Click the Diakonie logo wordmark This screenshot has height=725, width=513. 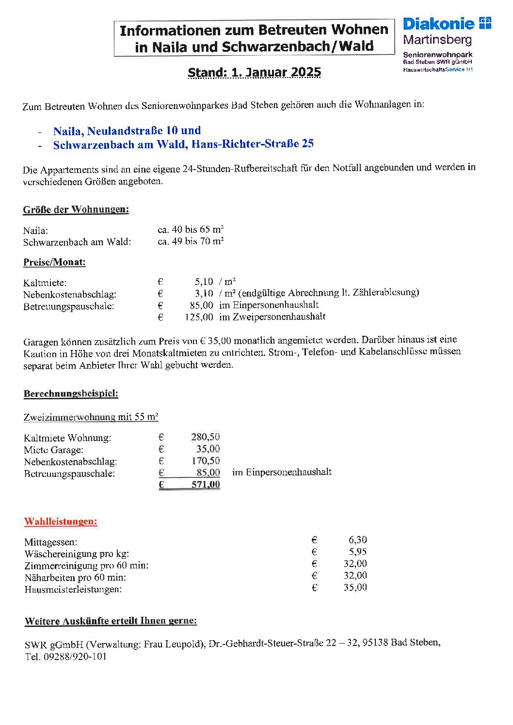coord(439,24)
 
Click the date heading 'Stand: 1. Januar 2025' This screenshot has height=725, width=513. coord(255,73)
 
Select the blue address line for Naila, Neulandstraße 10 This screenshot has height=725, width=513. coord(127,131)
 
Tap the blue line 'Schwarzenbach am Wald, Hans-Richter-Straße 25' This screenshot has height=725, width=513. coord(183,144)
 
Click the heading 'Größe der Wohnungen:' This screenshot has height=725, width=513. coord(76,210)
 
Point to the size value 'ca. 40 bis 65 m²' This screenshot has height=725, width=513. coord(191,229)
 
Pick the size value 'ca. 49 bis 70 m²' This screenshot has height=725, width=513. coord(191,241)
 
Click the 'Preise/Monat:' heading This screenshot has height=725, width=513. coord(54,263)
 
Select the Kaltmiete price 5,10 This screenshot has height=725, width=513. coord(204,282)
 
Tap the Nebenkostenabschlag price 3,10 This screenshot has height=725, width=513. coord(204,294)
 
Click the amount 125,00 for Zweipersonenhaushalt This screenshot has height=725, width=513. coord(199,317)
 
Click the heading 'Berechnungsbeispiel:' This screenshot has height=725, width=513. coord(71,394)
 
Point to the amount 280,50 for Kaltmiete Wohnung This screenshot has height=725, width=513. coord(205,437)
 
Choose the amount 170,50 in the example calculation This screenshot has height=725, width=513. coord(206,461)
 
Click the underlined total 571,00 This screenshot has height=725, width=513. coord(206,485)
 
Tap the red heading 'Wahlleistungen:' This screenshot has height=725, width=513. coord(61,522)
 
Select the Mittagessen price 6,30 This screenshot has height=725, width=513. coord(357,540)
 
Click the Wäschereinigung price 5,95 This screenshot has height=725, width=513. coord(357,552)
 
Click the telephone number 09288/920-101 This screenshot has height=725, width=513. coord(75,657)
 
